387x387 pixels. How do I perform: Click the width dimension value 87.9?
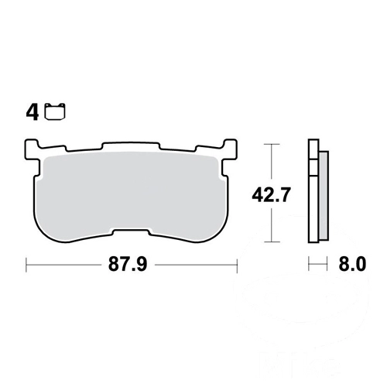128,264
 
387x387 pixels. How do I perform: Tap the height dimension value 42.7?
271,194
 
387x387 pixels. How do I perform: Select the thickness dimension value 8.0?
352,264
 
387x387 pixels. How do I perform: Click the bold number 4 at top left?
33,112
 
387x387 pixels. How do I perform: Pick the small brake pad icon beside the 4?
55,111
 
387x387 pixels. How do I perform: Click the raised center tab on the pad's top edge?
131,146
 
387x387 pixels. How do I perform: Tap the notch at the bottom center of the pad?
131,232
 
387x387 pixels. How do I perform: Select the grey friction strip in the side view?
324,196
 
